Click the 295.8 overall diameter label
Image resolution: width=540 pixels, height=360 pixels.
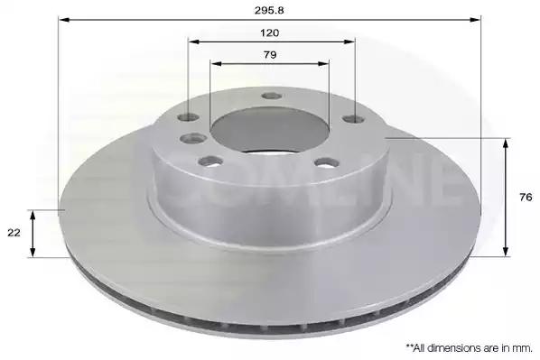pos(269,10)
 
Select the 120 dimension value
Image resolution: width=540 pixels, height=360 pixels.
pos(270,33)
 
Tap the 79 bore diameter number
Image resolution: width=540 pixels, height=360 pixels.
pos(270,55)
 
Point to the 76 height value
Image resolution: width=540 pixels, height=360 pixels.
pos(526,198)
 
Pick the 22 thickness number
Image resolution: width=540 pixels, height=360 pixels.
pos(14,233)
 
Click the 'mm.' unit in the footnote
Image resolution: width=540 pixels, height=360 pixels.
pos(524,348)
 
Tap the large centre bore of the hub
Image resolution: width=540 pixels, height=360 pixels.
pos(270,131)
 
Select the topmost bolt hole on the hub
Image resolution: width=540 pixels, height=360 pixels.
pos(272,96)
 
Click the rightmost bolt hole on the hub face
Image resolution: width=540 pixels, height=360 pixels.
pos(354,119)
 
